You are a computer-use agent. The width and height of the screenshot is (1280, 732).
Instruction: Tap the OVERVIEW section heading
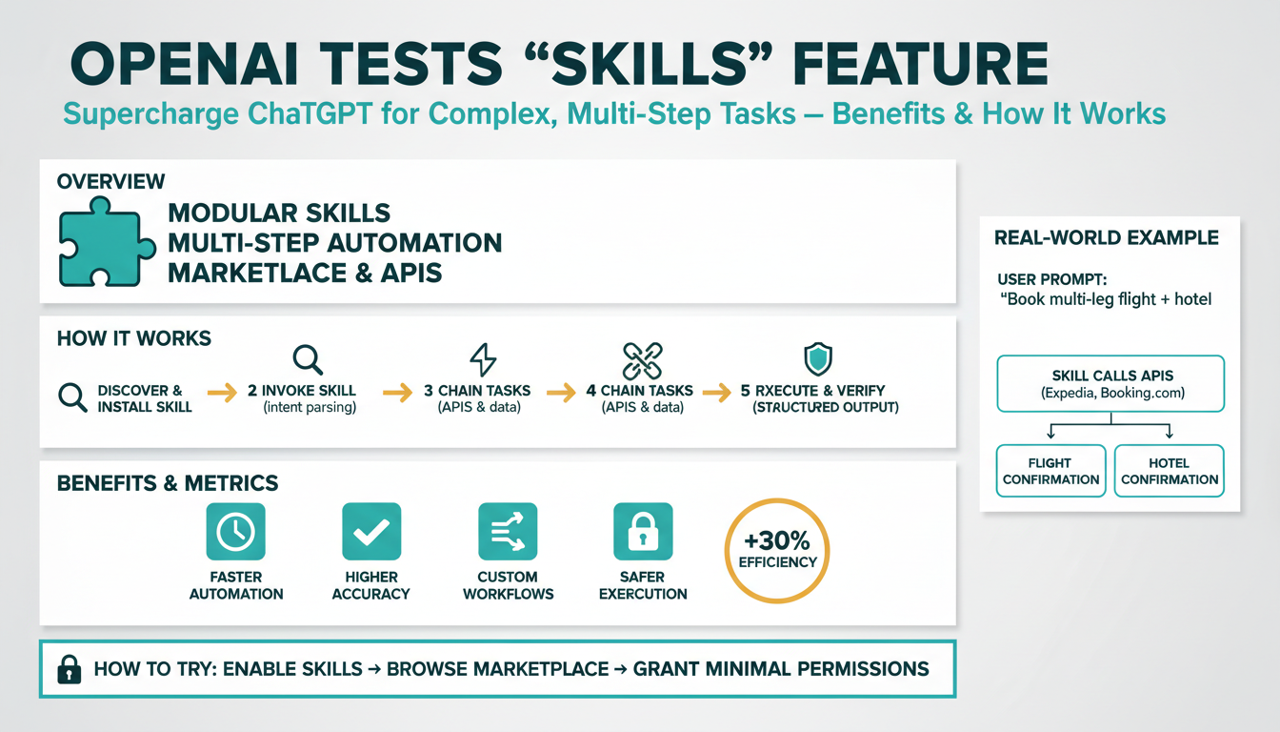coord(110,181)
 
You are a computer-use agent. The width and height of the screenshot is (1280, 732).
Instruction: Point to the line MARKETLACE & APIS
coord(305,273)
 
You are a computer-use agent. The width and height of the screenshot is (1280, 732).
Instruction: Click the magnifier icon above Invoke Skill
coord(307,359)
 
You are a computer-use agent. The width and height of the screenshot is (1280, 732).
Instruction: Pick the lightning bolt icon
coord(484,359)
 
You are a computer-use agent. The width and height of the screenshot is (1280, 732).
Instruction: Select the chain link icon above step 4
coord(641,360)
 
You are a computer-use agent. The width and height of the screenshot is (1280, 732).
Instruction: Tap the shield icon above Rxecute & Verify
coord(818,359)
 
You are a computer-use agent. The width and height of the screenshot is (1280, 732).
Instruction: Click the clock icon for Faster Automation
coord(235,532)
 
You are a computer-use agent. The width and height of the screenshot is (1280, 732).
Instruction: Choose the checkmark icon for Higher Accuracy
coord(370,532)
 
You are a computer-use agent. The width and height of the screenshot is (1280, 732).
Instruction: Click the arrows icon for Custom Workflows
coord(507,532)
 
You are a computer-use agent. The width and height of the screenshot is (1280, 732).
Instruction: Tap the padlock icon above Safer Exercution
coord(643,532)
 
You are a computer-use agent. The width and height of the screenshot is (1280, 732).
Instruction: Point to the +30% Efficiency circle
coord(777,550)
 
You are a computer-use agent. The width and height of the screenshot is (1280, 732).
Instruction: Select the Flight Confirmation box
coord(1051,471)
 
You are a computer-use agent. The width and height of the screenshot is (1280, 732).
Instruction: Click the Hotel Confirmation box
coord(1169,471)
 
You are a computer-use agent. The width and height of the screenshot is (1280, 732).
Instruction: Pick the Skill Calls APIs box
coord(1110,383)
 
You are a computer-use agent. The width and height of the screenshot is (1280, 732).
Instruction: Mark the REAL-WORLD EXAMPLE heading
coord(1106,237)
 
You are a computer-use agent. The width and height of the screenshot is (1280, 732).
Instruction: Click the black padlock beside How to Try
coord(70,669)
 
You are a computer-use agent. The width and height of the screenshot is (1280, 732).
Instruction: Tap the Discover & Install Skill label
coord(145,398)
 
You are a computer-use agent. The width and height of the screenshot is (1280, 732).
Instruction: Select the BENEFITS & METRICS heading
coord(169,483)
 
